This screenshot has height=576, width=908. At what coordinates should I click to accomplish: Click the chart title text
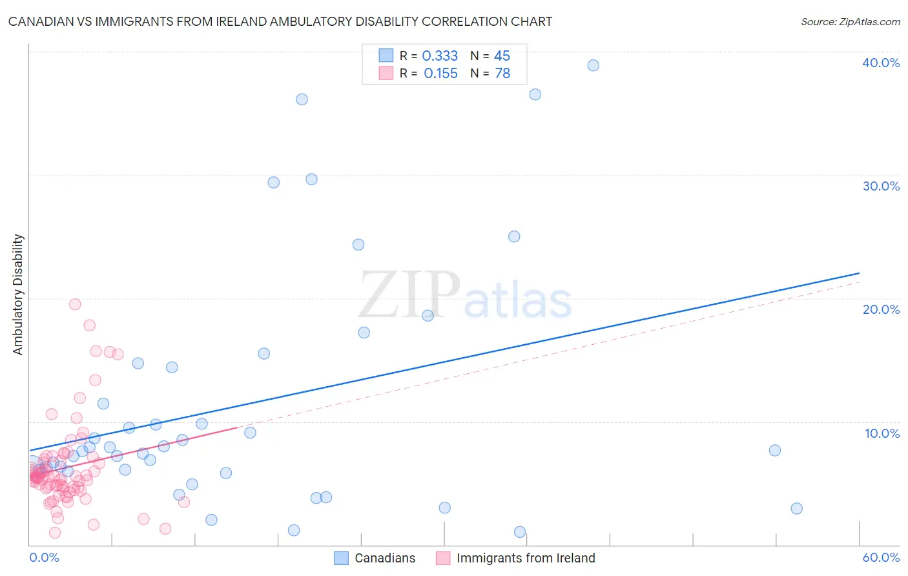pyautogui.click(x=280, y=21)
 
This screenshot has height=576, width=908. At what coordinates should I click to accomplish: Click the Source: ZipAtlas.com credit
pyautogui.click(x=850, y=21)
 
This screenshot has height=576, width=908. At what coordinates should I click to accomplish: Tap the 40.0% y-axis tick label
pyautogui.click(x=880, y=63)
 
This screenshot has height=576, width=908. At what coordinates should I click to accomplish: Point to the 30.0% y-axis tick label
pyautogui.click(x=880, y=186)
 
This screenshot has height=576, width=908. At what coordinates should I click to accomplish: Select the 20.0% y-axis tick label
pyautogui.click(x=880, y=309)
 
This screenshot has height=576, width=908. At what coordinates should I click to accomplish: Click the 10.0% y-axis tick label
pyautogui.click(x=882, y=433)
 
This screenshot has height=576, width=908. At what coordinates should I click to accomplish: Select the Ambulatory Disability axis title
pyautogui.click(x=18, y=294)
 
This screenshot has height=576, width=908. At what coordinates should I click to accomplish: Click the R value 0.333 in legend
pyautogui.click(x=440, y=56)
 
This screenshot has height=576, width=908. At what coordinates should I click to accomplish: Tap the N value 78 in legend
pyautogui.click(x=502, y=74)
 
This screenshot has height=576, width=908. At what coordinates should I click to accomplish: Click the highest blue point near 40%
pyautogui.click(x=593, y=65)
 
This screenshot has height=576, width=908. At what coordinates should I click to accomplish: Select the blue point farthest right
pyautogui.click(x=796, y=508)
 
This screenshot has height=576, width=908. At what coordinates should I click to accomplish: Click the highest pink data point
pyautogui.click(x=75, y=304)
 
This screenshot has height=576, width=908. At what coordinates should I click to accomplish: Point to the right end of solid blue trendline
pyautogui.click(x=859, y=273)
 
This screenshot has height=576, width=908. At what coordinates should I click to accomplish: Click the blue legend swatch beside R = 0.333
pyautogui.click(x=386, y=56)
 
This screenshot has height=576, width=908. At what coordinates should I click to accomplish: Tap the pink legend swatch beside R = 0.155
pyautogui.click(x=386, y=73)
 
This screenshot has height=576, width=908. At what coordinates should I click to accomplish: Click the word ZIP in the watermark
pyautogui.click(x=409, y=295)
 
